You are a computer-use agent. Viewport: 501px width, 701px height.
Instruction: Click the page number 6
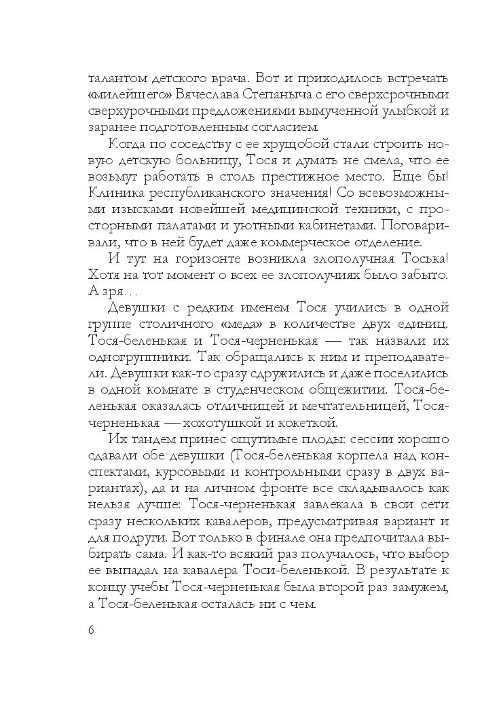pyautogui.click(x=91, y=630)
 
